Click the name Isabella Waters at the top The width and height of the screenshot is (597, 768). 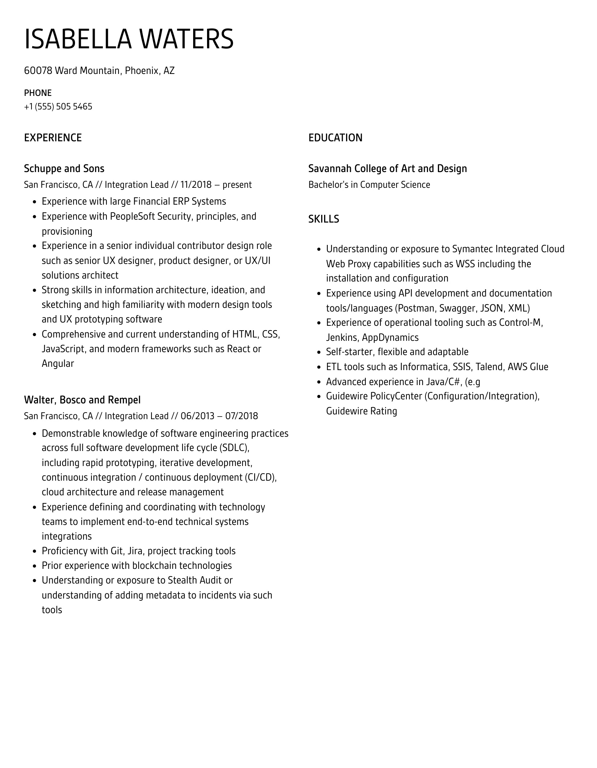(x=129, y=39)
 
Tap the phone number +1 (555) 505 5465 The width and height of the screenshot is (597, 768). (x=58, y=107)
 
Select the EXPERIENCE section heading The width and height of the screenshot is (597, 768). (x=53, y=138)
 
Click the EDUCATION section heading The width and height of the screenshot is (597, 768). (x=335, y=138)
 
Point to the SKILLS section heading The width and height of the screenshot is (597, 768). (x=323, y=219)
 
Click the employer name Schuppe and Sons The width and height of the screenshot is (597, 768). (x=64, y=168)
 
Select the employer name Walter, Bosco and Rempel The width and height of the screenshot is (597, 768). (x=82, y=400)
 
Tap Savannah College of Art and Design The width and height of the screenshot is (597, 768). (x=387, y=168)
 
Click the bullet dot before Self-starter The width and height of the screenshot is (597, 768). (x=319, y=352)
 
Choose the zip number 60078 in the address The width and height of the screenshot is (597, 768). (x=38, y=70)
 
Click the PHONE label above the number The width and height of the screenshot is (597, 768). (x=38, y=93)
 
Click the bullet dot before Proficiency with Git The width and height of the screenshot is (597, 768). (x=34, y=551)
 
